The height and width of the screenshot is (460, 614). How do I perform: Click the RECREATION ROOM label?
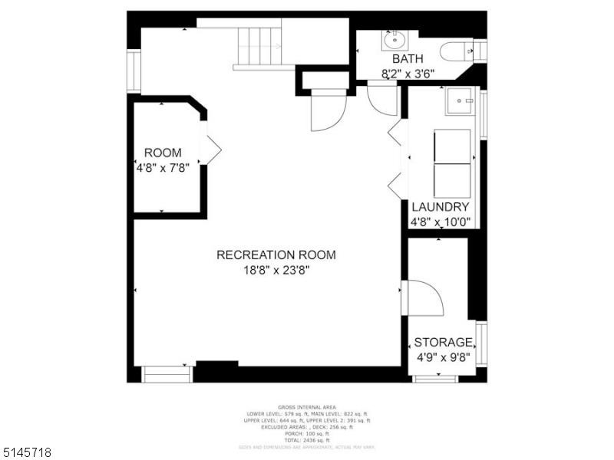276,255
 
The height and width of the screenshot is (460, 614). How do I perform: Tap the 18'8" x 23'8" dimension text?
276,270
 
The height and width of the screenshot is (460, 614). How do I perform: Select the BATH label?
408,59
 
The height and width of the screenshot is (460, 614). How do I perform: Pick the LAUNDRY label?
441,207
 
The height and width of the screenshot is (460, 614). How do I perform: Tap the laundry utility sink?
462,100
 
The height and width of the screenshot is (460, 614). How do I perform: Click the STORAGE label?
443,342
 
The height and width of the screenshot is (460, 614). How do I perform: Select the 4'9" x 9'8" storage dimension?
443,357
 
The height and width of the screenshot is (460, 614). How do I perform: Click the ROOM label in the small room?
163,153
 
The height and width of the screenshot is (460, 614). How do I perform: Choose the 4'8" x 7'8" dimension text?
163,166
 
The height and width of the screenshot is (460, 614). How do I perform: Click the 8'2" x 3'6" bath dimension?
408,74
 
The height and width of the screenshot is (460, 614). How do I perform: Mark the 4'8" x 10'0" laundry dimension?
441,223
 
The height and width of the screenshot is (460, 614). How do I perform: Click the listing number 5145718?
27,452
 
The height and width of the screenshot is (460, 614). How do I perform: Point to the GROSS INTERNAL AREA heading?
307,408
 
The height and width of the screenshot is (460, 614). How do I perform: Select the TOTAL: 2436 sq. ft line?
307,440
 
